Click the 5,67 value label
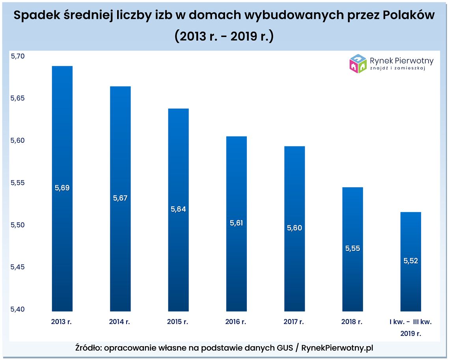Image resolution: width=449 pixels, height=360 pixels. coord(120,198)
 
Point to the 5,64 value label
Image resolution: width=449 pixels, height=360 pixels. coord(178,209)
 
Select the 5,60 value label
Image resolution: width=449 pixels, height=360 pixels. coord(294,228)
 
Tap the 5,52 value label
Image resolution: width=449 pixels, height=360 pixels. coord(410,261)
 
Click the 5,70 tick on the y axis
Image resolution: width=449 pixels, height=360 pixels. coord(18,56)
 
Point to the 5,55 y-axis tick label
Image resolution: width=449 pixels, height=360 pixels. coord(18,183)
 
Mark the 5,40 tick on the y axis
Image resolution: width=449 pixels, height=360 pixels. coord(18,309)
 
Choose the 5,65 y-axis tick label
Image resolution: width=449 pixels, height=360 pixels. coord(18,99)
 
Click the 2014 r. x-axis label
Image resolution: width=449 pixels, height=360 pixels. coord(119,322)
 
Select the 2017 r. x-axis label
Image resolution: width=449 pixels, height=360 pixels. coord(294,322)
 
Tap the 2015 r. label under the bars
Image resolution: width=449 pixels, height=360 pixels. coord(178,322)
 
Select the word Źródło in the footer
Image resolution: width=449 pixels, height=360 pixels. coord(88,348)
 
